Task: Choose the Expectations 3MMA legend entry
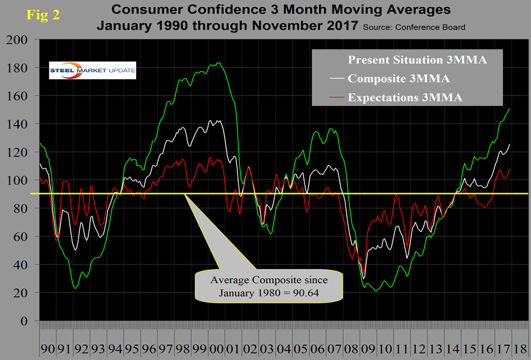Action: point(404,97)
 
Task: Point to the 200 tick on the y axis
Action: point(21,40)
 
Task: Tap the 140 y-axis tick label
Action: point(21,125)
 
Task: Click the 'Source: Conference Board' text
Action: point(414,27)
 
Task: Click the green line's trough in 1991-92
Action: point(76,288)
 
